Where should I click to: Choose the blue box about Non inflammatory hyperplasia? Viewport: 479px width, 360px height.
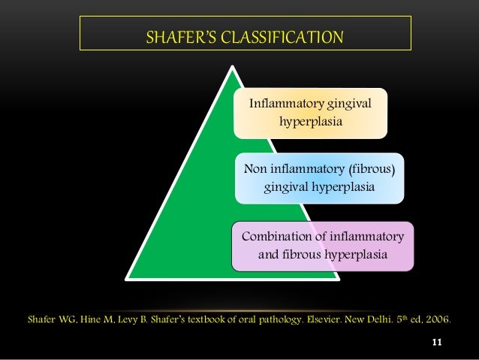319,177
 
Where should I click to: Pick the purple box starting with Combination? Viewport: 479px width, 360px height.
323,246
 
